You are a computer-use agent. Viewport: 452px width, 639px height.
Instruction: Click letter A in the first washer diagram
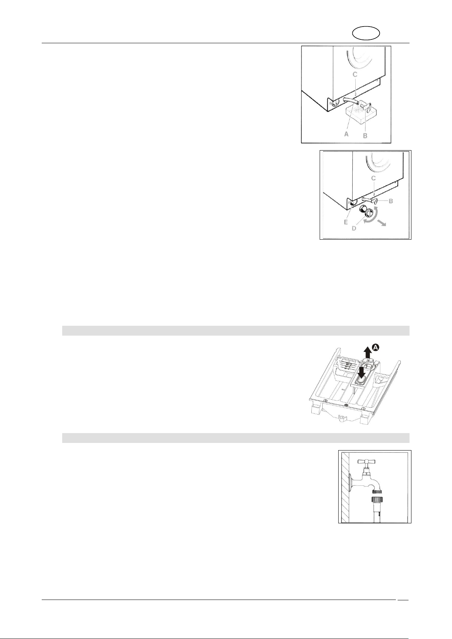(347, 133)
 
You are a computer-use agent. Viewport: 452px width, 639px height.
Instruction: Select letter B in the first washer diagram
(365, 135)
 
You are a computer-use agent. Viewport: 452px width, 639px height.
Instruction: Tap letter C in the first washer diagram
(355, 75)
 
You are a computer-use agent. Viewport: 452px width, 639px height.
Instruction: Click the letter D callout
(354, 229)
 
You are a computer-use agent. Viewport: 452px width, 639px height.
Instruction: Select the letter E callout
(345, 222)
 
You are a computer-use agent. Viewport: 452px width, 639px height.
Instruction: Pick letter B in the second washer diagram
(391, 201)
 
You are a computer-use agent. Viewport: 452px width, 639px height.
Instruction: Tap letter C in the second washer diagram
(374, 178)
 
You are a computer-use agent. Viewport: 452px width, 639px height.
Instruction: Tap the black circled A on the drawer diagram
(376, 347)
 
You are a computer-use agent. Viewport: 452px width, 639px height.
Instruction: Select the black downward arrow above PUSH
(362, 372)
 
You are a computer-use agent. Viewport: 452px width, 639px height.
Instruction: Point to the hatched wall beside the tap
(344, 487)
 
